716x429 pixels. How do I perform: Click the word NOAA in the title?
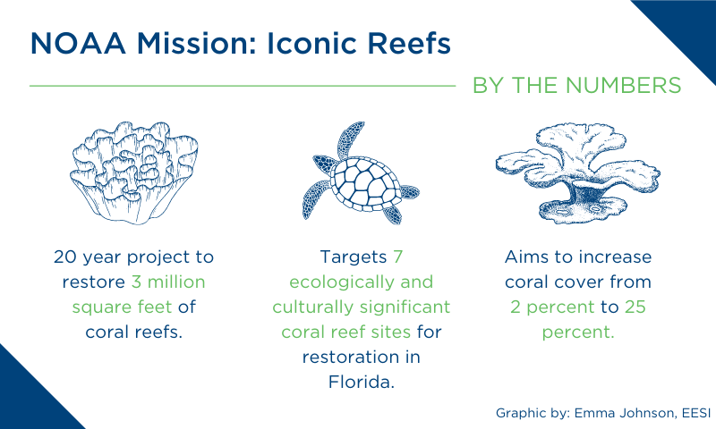(x=78, y=43)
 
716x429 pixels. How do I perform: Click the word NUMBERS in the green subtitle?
(x=624, y=85)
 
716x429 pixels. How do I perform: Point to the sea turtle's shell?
(x=364, y=183)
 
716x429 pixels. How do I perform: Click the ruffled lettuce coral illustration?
(x=134, y=172)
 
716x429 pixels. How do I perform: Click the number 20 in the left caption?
(x=65, y=257)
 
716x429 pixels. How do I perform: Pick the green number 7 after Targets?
(x=397, y=257)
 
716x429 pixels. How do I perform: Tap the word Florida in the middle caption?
(x=361, y=382)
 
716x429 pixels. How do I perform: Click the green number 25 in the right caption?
(x=635, y=307)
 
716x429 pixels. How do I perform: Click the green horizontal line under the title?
(x=243, y=85)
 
